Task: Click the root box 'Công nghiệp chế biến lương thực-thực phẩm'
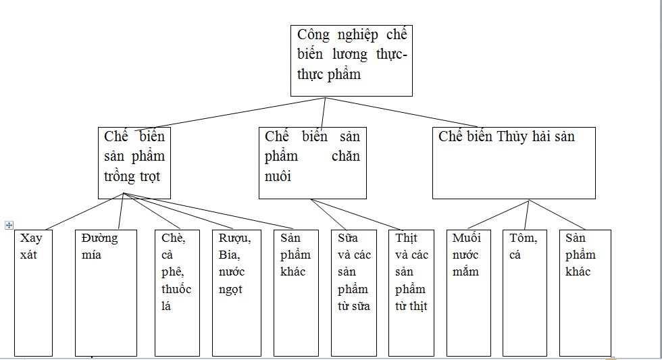[x=351, y=61]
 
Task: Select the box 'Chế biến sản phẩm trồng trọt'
[x=134, y=162]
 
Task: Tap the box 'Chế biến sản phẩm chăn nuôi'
[x=312, y=162]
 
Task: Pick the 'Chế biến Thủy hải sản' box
[x=513, y=162]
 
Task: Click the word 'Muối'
[x=466, y=238]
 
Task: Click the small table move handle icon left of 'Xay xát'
[x=9, y=225]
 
